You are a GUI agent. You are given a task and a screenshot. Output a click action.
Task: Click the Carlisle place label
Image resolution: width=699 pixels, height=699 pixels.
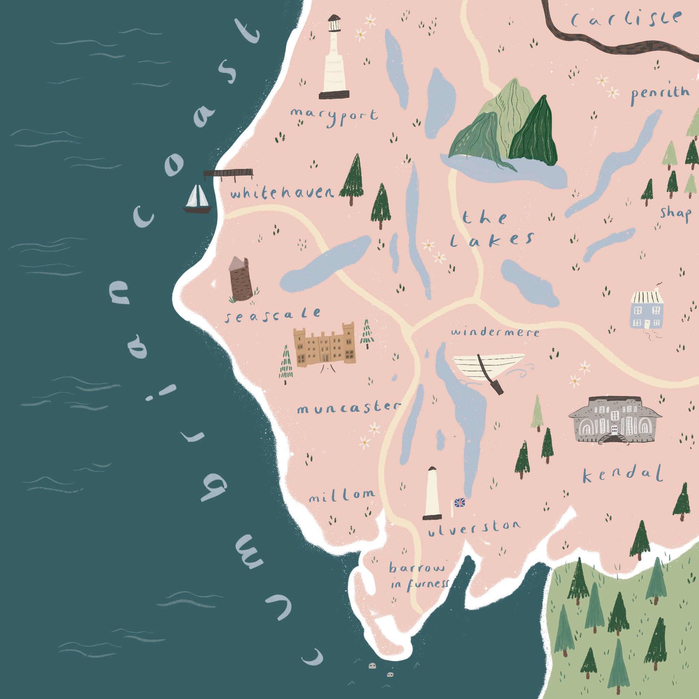(626, 19)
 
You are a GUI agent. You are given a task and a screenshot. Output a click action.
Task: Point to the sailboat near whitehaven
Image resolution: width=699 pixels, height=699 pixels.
(197, 200)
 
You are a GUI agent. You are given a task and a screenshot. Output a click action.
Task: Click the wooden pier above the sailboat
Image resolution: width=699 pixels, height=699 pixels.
(228, 173)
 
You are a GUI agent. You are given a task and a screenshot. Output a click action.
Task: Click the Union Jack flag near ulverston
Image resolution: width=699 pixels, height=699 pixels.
(459, 502)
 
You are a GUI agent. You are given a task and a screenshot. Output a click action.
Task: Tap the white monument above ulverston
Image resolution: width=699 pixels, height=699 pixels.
(432, 494)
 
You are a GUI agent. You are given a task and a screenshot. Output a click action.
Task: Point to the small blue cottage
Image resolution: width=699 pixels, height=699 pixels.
(647, 309)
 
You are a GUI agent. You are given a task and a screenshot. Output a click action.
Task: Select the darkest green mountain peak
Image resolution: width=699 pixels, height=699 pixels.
(534, 134)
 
